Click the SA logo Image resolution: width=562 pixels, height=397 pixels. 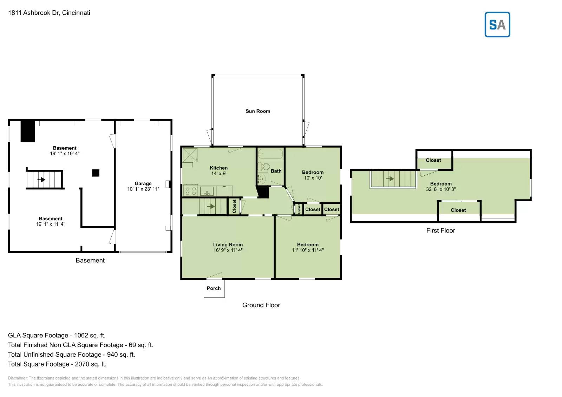click(x=497, y=25)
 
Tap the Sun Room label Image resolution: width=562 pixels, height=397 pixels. click(x=258, y=111)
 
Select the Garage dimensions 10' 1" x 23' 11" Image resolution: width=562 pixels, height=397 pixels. click(x=143, y=189)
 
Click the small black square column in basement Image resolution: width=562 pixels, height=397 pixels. click(x=96, y=173)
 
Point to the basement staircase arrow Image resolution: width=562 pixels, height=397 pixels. click(x=41, y=180)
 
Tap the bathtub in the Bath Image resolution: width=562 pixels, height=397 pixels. click(x=270, y=154)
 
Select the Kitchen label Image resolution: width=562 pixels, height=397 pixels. click(x=218, y=168)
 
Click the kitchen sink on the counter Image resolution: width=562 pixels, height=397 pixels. click(x=207, y=191)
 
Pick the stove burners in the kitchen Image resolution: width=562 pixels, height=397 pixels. click(x=190, y=191)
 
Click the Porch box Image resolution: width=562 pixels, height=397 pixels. click(x=214, y=288)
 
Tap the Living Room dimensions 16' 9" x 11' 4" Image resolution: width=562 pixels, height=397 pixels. click(x=228, y=250)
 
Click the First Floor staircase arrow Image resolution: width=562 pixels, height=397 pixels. click(x=390, y=179)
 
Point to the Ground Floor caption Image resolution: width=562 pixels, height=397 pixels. click(x=261, y=305)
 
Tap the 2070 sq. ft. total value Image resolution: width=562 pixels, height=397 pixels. click(x=91, y=364)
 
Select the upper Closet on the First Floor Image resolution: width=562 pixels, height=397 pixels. click(x=433, y=160)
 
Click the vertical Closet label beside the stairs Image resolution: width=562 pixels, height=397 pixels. click(x=234, y=207)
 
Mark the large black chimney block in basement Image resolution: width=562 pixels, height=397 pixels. click(x=28, y=131)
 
